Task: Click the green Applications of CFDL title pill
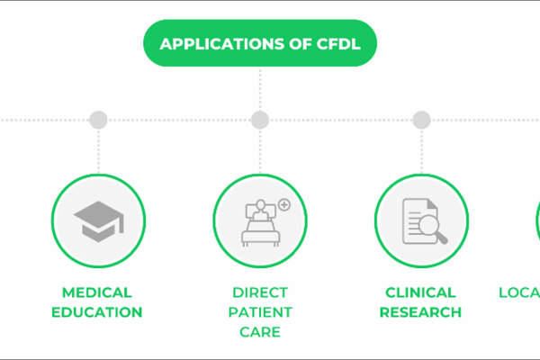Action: point(259,43)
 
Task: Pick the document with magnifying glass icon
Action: point(421,220)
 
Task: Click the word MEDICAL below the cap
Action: point(97,292)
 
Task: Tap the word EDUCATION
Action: point(97,312)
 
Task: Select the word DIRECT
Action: point(259,292)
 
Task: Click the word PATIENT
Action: point(259,312)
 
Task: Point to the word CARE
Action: point(259,332)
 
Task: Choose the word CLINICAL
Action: point(420,292)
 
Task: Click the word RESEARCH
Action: point(420,312)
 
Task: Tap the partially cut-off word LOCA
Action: point(519,292)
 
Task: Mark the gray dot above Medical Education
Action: point(98,120)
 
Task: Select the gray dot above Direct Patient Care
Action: point(259,120)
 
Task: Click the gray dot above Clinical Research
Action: point(421,120)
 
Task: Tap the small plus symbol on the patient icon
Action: point(284,205)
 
